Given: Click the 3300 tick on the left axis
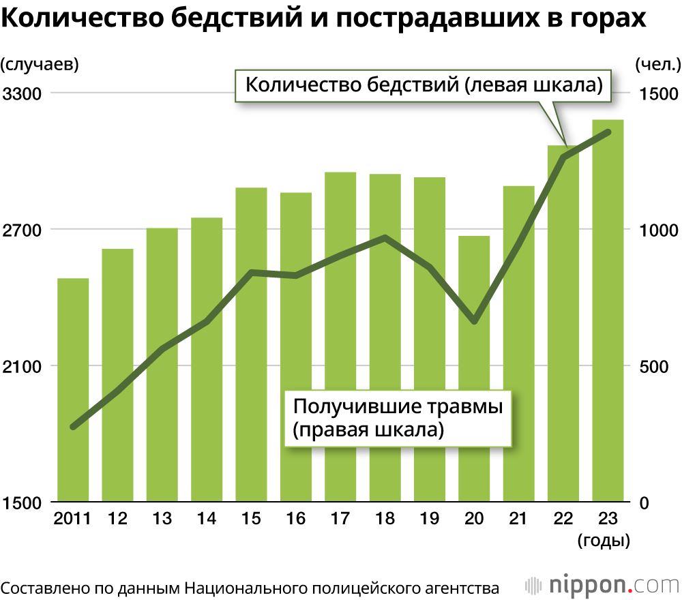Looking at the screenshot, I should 23,93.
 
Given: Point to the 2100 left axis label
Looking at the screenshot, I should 23,366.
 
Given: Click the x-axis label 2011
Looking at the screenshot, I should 73,519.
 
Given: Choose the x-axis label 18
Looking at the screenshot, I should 385,519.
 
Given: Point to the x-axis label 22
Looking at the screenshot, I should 563,519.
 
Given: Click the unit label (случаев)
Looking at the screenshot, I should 40,65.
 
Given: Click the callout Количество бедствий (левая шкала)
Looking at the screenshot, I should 423,85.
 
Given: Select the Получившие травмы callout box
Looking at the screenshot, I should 398,417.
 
